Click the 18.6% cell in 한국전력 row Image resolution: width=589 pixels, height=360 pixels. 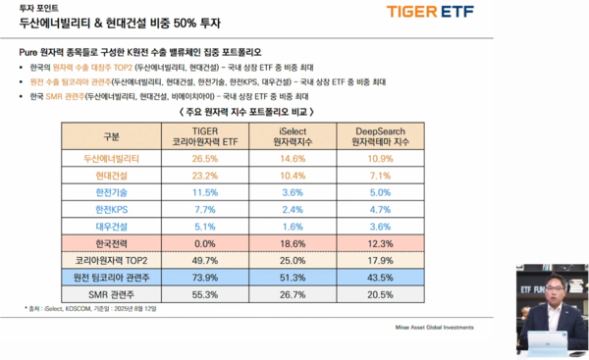coord(288,244)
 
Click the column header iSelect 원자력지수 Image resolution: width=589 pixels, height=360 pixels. coord(288,134)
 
